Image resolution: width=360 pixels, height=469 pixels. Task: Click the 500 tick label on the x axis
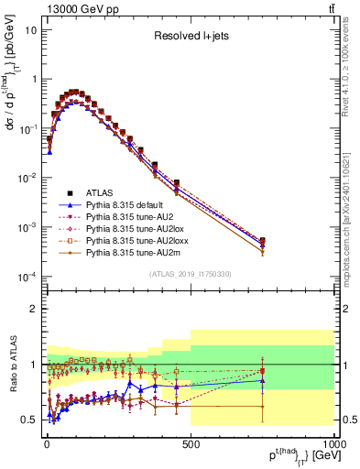tap(190, 444)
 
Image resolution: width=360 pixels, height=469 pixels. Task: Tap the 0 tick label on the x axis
tap(47, 444)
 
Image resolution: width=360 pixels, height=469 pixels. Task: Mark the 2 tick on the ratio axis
tap(35, 309)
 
